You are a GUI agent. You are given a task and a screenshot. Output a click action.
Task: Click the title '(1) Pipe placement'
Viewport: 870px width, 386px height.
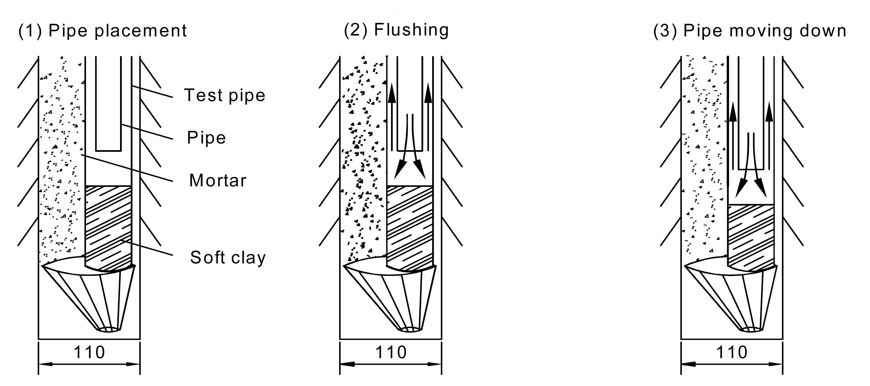(x=102, y=31)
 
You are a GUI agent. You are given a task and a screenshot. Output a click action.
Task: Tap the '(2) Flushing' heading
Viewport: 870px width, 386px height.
(x=396, y=30)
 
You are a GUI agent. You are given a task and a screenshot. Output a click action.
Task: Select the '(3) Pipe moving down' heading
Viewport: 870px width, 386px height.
(x=750, y=31)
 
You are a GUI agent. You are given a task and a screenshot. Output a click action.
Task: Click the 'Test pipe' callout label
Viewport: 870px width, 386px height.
(x=225, y=95)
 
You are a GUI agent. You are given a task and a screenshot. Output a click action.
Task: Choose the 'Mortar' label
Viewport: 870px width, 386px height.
(x=218, y=180)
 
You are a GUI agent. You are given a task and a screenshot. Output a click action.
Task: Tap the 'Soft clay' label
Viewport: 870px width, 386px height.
(x=228, y=257)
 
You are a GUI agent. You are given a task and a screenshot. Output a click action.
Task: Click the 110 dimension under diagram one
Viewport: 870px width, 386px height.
(x=89, y=353)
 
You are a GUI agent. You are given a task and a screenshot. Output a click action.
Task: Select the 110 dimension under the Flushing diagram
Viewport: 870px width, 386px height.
(x=391, y=353)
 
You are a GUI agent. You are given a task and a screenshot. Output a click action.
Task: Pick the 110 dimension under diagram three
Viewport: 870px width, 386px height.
(x=732, y=353)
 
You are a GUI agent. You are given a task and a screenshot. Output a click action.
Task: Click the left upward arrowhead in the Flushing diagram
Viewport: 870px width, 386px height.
(x=392, y=93)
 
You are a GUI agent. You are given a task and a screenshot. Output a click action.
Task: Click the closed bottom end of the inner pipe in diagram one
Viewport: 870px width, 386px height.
(x=108, y=150)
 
